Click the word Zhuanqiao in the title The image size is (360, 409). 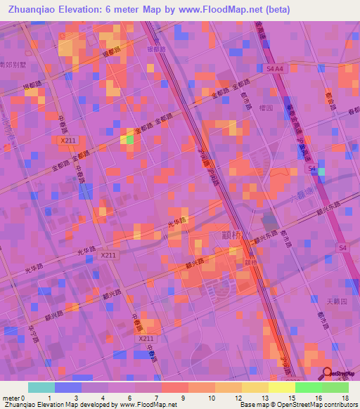(x=32, y=10)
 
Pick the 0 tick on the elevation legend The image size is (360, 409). (x=29, y=397)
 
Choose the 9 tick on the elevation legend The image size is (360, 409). (x=181, y=397)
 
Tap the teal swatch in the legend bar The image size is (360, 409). (x=41, y=387)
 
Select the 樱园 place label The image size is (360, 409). (x=265, y=108)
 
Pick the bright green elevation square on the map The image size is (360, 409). (x=130, y=140)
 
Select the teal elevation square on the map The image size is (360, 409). (x=321, y=171)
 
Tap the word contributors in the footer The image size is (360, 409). (x=340, y=405)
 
